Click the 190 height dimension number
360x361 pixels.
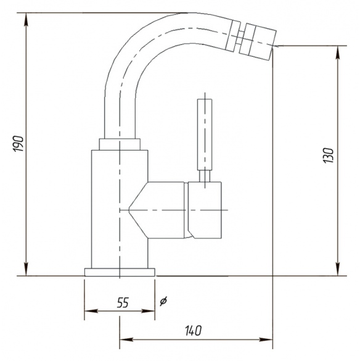(x=18, y=144)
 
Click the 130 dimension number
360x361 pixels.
(x=329, y=156)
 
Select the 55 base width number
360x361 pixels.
(x=123, y=302)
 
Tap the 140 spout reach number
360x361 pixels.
(x=193, y=331)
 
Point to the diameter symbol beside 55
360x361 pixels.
(x=163, y=301)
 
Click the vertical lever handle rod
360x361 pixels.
(x=205, y=135)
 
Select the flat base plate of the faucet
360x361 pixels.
(x=120, y=272)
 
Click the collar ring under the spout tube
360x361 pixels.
(x=120, y=144)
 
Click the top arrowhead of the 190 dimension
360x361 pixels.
(x=27, y=20)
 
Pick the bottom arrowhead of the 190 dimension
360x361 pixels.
(x=27, y=269)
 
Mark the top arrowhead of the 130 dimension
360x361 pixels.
(x=338, y=52)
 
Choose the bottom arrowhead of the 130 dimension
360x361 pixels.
(x=338, y=269)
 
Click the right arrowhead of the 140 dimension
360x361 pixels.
(x=266, y=339)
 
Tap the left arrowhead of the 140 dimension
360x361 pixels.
(x=126, y=339)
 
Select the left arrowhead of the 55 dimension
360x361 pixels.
(x=91, y=311)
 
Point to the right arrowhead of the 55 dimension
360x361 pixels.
(x=148, y=311)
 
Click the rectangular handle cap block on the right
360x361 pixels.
(x=205, y=210)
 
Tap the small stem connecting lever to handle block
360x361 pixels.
(x=205, y=176)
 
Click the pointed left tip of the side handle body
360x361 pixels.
(x=129, y=210)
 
